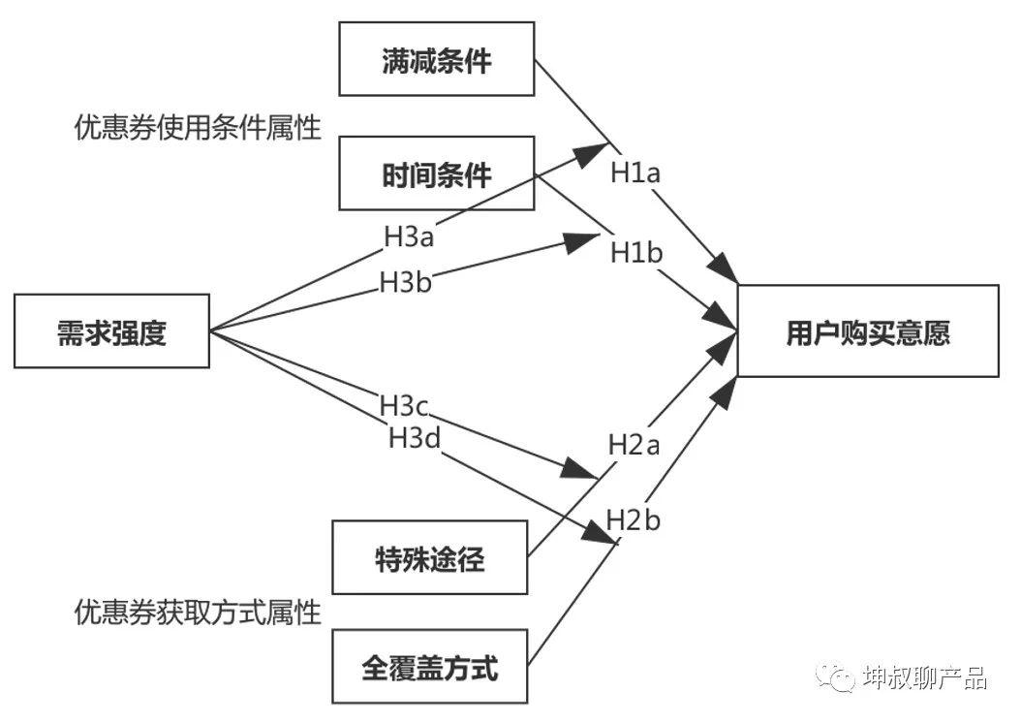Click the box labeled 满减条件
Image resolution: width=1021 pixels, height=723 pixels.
436,59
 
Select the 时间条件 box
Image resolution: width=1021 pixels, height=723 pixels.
436,173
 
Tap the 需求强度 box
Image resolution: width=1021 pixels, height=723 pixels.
111,331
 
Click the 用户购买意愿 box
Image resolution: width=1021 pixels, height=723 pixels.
868,330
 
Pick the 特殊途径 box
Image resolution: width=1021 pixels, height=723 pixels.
429,557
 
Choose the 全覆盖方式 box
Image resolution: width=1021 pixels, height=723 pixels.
429,666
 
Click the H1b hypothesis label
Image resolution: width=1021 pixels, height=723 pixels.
636,253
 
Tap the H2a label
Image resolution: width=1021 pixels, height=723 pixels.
634,445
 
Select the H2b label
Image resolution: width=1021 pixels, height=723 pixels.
634,520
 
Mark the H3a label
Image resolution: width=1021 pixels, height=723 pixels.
410,236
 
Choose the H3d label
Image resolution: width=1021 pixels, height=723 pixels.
415,437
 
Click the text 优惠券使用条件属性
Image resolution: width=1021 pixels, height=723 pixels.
198,128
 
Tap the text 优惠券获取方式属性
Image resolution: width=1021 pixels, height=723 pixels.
198,612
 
